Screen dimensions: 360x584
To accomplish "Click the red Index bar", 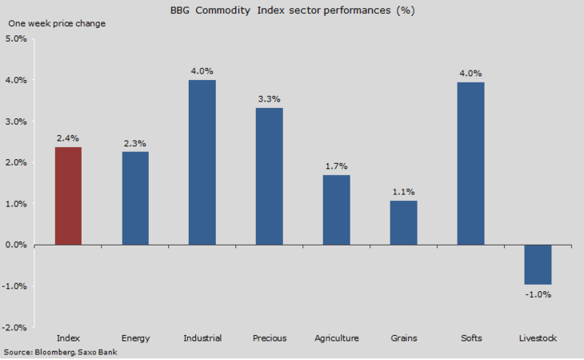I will (68, 196).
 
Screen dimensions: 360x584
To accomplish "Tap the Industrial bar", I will (202, 162).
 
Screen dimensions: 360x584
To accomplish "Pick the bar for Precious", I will (270, 177).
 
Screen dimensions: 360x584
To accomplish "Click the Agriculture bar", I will (337, 210).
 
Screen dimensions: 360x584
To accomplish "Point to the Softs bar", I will (471, 163).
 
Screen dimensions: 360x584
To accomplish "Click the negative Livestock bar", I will (538, 265).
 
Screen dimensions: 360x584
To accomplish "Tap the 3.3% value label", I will (270, 99).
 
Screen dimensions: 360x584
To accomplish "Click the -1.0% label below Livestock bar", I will (538, 294).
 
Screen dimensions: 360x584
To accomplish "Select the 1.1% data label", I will (404, 192).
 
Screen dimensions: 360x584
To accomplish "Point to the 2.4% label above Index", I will (68, 138).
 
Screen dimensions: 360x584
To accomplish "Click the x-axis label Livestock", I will (538, 338).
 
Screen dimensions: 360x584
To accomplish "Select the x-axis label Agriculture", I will (337, 338).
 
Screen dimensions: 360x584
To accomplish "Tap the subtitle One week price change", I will (57, 23).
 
